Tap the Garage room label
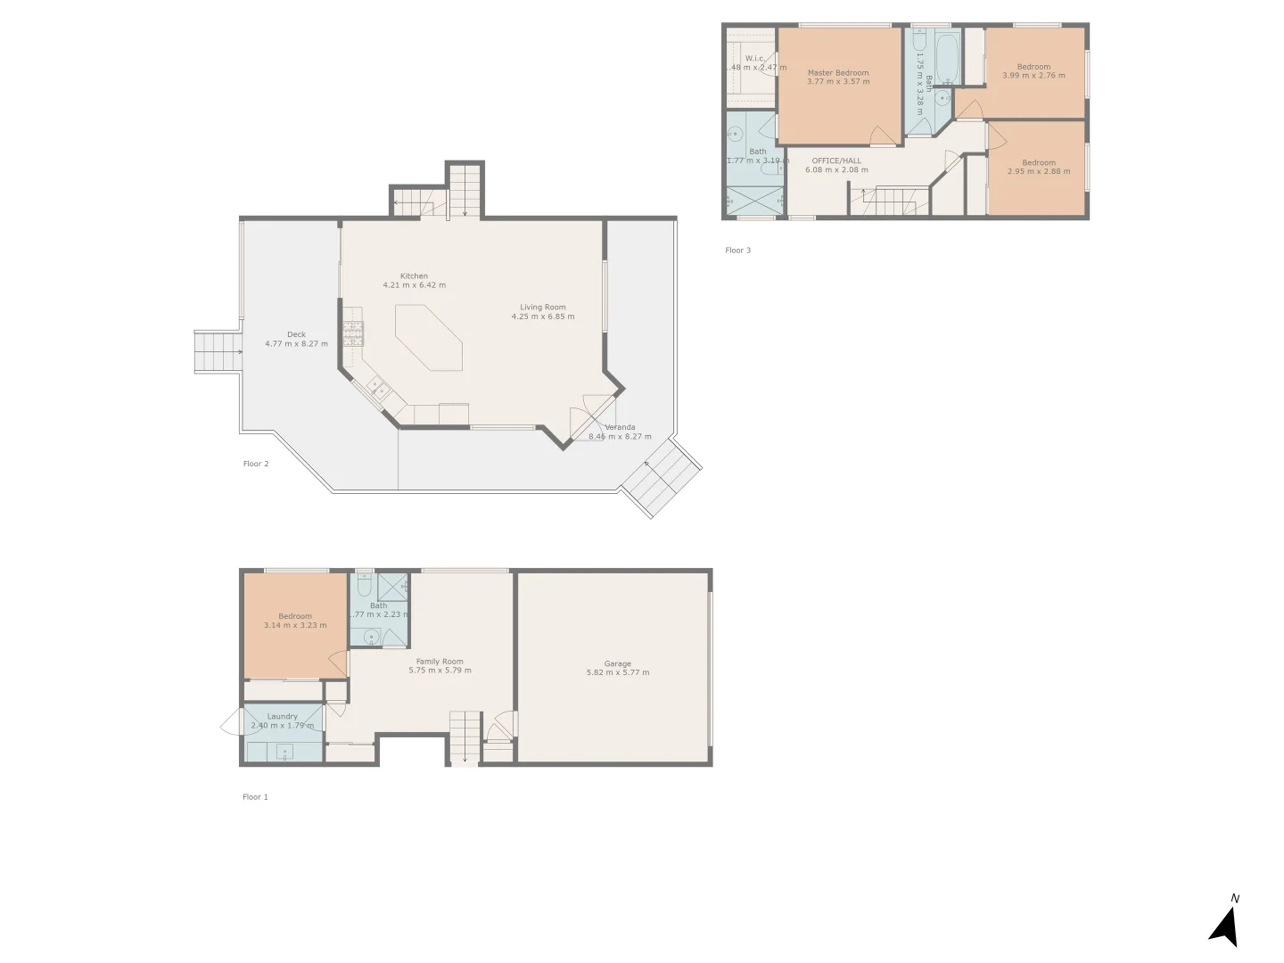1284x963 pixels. pyautogui.click(x=617, y=663)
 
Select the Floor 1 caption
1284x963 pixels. pyautogui.click(x=255, y=797)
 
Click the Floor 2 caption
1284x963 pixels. pyautogui.click(x=256, y=464)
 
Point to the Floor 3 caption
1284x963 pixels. pyautogui.click(x=737, y=251)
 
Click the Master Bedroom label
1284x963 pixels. pyautogui.click(x=838, y=73)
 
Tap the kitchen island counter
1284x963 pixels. pyautogui.click(x=430, y=337)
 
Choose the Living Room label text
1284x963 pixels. pyautogui.click(x=543, y=308)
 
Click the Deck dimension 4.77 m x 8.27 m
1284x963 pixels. pyautogui.click(x=296, y=344)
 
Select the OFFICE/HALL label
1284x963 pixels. pyautogui.click(x=836, y=161)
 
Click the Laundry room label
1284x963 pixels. pyautogui.click(x=283, y=716)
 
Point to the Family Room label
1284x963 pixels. pyautogui.click(x=440, y=662)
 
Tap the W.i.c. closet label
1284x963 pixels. pyautogui.click(x=754, y=59)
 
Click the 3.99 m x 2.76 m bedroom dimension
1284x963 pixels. pyautogui.click(x=1033, y=76)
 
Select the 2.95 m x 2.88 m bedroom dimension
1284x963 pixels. pyautogui.click(x=1039, y=171)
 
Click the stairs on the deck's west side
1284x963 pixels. pyautogui.click(x=218, y=351)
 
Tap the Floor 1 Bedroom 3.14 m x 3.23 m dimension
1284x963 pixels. pyautogui.click(x=295, y=625)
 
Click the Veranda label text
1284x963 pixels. pyautogui.click(x=620, y=427)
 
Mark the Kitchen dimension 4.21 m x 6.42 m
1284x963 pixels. pyautogui.click(x=414, y=285)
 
